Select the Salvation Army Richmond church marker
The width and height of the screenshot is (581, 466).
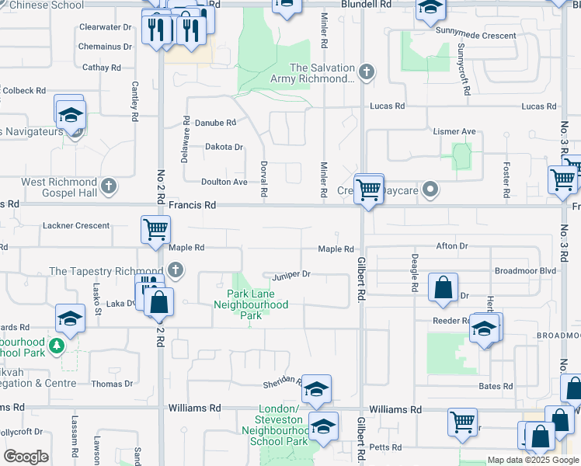[367, 73]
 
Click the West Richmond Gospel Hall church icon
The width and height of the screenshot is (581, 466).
[109, 186]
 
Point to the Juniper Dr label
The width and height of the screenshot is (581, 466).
[291, 274]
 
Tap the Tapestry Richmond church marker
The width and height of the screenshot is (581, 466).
[176, 271]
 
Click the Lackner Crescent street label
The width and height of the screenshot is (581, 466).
[77, 225]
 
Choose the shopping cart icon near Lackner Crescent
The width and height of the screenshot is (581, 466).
[155, 229]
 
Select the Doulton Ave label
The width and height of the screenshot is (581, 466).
[224, 182]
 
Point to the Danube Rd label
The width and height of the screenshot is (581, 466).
[215, 123]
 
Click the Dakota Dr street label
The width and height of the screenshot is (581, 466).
[224, 147]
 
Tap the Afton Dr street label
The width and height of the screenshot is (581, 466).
[452, 246]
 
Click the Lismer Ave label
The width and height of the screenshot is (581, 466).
[454, 132]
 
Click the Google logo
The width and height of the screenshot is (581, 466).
[26, 457]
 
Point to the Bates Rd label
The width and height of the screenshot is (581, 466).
[496, 386]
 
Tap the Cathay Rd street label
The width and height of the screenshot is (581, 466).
[101, 68]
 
